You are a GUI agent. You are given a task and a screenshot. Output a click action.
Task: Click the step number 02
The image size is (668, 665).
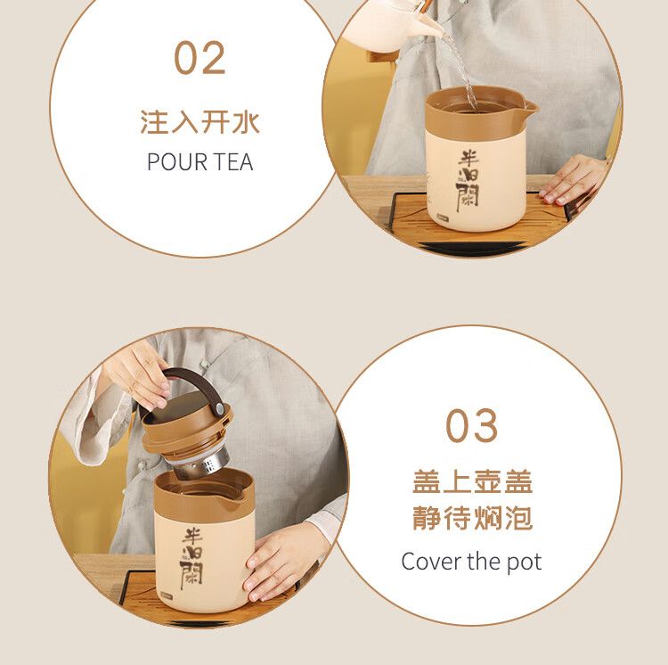pyautogui.click(x=200, y=58)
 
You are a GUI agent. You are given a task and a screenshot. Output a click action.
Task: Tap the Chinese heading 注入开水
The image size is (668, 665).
pyautogui.click(x=200, y=122)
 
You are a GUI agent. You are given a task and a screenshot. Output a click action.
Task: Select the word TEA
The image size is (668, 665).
pyautogui.click(x=233, y=162)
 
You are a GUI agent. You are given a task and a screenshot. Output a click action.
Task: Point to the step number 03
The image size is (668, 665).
pyautogui.click(x=471, y=425)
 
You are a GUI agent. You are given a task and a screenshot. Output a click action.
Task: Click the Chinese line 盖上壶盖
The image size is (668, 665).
pyautogui.click(x=472, y=482)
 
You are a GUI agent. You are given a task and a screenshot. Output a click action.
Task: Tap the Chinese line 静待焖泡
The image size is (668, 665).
pyautogui.click(x=472, y=518)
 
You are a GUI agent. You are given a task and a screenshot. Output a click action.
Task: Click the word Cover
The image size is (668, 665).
pyautogui.click(x=432, y=562)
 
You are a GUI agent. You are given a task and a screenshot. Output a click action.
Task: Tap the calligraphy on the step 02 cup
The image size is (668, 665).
pyautogui.click(x=468, y=181)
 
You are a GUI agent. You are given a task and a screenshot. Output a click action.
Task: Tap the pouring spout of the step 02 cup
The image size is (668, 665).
pyautogui.click(x=530, y=107)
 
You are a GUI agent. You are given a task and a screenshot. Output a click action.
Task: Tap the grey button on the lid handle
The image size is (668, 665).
pyautogui.click(x=220, y=409)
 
